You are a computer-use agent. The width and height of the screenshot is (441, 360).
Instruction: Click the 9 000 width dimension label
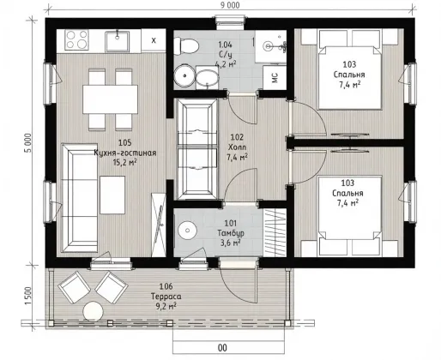click(230, 5)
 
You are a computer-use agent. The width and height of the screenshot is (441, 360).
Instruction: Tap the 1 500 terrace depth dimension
click(28, 296)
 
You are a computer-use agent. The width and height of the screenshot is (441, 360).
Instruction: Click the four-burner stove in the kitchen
click(76, 39)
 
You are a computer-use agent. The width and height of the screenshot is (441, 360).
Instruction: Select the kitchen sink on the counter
click(117, 41)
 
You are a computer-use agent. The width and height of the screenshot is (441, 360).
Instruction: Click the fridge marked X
click(154, 40)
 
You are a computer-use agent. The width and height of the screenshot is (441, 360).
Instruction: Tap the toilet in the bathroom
click(186, 47)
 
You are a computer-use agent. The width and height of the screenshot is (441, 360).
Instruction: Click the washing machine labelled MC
click(275, 78)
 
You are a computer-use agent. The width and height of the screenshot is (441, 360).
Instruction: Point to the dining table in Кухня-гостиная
click(110, 99)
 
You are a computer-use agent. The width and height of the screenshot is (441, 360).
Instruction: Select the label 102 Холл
click(237, 142)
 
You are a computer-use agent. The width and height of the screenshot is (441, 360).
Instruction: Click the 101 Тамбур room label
click(231, 228)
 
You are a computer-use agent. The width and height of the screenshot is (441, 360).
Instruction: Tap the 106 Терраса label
click(166, 291)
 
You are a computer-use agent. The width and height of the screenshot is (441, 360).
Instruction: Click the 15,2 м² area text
click(124, 163)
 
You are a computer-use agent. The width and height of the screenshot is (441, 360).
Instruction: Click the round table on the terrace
click(93, 311)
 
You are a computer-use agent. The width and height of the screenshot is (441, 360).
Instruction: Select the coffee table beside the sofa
click(112, 195)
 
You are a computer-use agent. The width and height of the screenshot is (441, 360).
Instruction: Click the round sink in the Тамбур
click(187, 230)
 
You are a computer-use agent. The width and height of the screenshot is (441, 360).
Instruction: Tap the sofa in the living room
click(80, 198)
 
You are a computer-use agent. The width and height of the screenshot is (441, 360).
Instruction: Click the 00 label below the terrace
click(222, 348)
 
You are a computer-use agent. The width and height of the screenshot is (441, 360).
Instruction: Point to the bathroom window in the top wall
click(230, 23)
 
